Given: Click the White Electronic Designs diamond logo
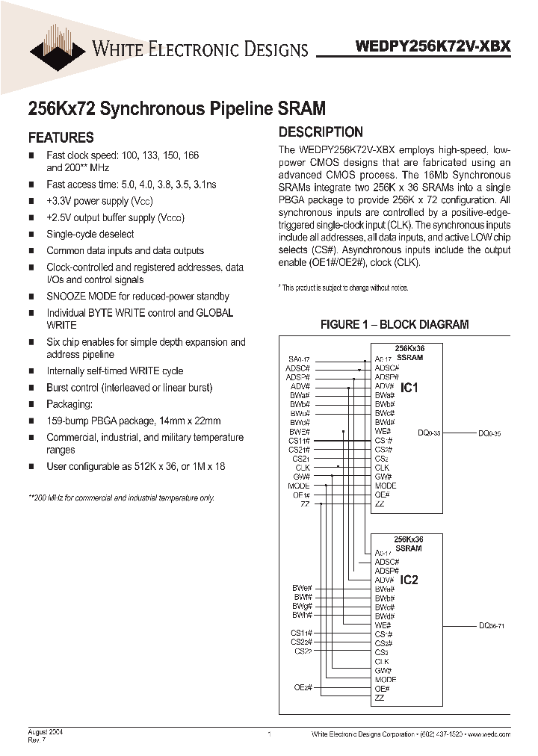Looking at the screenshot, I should click(58, 46).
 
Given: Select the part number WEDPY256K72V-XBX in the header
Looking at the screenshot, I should click(433, 46).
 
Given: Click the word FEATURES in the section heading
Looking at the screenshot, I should click(61, 137).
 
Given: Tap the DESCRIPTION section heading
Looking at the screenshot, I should click(321, 132).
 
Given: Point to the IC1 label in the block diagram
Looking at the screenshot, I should click(409, 388).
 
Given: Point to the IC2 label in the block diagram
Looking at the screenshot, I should click(409, 580).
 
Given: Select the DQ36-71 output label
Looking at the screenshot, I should click(493, 625).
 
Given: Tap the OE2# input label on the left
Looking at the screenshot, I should click(302, 687).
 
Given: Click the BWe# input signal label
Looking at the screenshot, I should click(301, 589).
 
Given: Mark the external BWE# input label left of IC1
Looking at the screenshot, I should click(299, 432).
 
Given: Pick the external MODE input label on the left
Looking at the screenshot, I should click(298, 486).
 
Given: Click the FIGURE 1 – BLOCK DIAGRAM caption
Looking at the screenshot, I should click(394, 324).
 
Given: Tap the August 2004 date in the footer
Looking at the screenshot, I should click(45, 733).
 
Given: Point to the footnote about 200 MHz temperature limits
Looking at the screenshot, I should click(121, 498).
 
